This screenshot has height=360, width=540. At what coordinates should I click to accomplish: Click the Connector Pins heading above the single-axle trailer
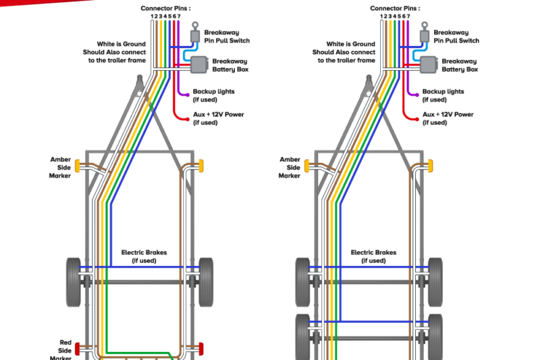point(165,8)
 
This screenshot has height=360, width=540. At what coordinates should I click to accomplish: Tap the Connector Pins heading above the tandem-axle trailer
point(395,8)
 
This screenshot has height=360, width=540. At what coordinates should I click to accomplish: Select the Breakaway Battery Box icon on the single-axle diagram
point(200,65)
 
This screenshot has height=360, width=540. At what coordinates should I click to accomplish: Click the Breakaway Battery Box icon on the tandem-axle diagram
point(429,65)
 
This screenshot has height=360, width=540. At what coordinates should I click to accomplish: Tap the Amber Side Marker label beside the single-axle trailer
point(60,168)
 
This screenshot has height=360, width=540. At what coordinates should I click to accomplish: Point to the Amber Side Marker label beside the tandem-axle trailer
point(290,168)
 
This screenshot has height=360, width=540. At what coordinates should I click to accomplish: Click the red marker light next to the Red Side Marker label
point(78,349)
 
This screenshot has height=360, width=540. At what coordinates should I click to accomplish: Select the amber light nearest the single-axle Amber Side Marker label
point(78,165)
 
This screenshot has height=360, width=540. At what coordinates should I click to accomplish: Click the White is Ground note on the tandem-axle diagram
point(344,52)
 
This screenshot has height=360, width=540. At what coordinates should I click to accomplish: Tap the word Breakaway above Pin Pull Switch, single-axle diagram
point(221,32)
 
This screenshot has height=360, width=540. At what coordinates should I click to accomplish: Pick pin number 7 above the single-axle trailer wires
point(179,16)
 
